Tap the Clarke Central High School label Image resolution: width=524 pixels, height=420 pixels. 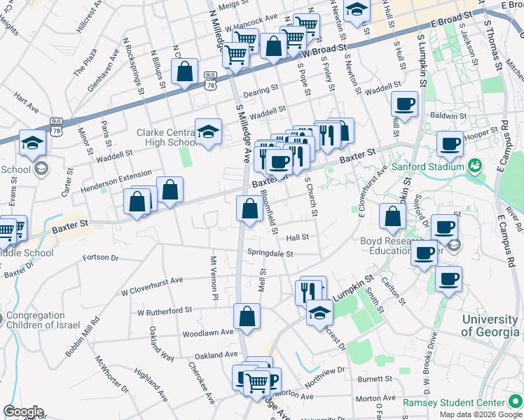pyautogui.click(x=167, y=137)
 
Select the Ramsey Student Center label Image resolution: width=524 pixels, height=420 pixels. pyautogui.click(x=454, y=403)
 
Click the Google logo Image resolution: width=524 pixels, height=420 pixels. pyautogui.click(x=23, y=412)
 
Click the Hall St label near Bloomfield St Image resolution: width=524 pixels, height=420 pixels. pyautogui.click(x=297, y=237)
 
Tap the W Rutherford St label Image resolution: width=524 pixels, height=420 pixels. pyautogui.click(x=165, y=311)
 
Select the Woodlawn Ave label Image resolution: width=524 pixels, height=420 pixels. pyautogui.click(x=207, y=333)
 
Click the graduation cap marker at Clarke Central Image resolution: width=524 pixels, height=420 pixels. pyautogui.click(x=207, y=131)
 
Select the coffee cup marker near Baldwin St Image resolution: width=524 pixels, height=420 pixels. pyautogui.click(x=404, y=104)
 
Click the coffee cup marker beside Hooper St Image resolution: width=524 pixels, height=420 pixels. pyautogui.click(x=450, y=143)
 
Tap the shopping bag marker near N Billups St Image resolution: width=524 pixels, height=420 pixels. pyautogui.click(x=184, y=71)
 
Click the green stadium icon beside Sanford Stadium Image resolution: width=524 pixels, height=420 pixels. pyautogui.click(x=476, y=167)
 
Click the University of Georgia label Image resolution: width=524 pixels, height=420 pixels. pyautogui.click(x=492, y=325)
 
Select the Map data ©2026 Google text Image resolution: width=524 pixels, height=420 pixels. pyautogui.click(x=480, y=414)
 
